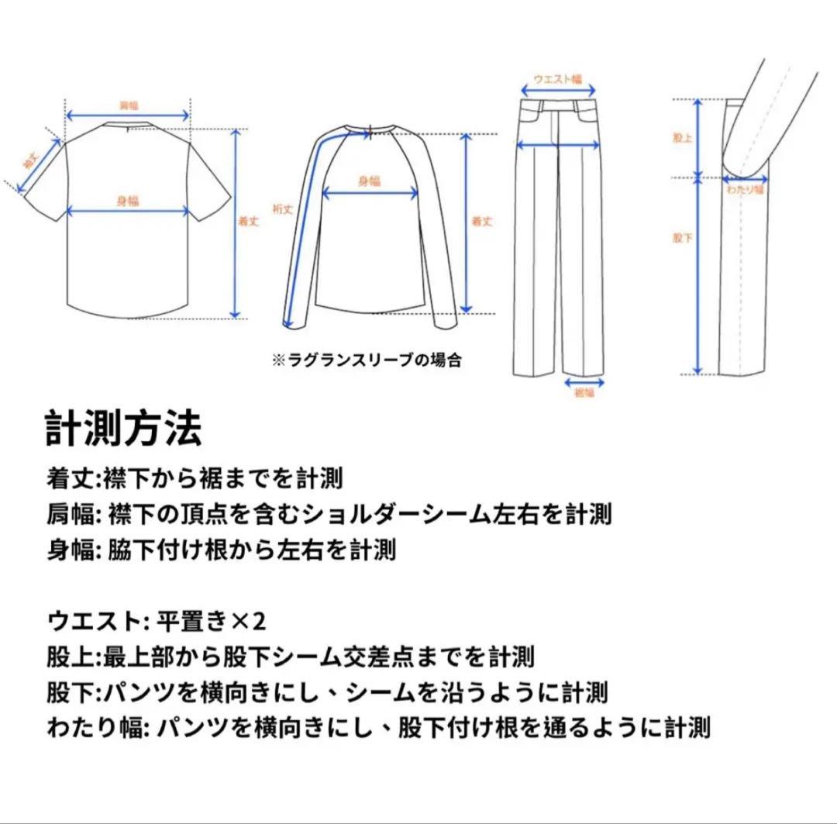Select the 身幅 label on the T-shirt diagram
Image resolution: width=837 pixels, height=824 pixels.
128,202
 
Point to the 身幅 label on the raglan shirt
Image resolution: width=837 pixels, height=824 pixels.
369,181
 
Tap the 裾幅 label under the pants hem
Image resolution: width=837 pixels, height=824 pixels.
584,394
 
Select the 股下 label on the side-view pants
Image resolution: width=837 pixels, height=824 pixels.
681,238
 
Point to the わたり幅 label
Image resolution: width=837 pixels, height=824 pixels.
745,188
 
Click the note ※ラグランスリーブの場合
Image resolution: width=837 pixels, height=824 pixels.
366,360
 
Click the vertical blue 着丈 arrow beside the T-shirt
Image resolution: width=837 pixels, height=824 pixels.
237,225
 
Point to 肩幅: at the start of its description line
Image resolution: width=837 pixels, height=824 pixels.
74,514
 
